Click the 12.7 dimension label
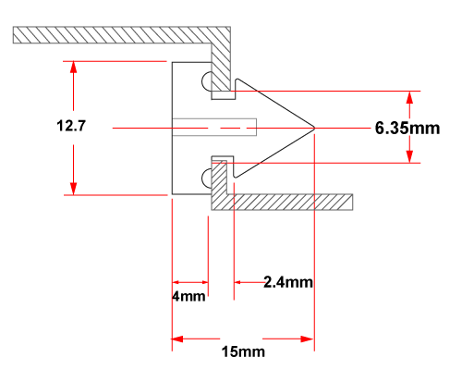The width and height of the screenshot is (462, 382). tap(71, 126)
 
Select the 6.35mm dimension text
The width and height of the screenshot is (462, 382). tap(407, 129)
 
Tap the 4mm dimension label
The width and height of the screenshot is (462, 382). tap(188, 296)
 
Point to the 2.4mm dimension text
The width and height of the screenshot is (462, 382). tap(288, 282)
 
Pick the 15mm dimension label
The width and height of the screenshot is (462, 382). tap(243, 351)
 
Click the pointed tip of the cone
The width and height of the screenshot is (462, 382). tap(315, 128)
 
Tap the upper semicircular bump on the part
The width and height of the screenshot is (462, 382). tap(207, 81)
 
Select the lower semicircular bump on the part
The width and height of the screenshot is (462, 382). tap(207, 179)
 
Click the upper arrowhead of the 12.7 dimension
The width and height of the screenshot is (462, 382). tap(73, 67)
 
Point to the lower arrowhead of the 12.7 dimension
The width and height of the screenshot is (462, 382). tap(73, 189)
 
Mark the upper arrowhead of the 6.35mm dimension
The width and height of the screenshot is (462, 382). tap(409, 97)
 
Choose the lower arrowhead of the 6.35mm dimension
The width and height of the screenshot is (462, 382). tap(409, 156)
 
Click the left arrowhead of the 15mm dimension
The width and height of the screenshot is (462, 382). tap(177, 339)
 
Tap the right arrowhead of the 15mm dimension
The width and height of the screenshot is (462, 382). tap(309, 339)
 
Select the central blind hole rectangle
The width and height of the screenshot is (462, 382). tap(214, 127)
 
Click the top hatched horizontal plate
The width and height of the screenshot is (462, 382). tap(122, 35)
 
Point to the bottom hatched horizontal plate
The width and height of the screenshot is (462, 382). tap(282, 203)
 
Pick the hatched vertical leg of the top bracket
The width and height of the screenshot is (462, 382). tap(221, 67)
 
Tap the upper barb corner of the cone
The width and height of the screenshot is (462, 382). tap(237, 80)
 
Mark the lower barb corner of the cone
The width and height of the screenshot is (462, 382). tap(236, 177)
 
